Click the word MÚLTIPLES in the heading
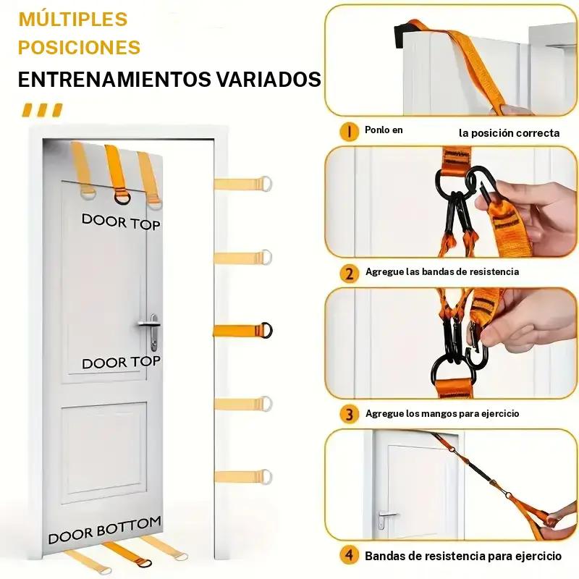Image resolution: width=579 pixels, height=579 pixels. [73, 20]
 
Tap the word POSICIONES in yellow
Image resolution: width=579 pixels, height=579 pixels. [80, 47]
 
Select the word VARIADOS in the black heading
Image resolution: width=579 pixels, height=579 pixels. [269, 79]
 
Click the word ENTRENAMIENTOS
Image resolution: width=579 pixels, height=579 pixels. [114, 79]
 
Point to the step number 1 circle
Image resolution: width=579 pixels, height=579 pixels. [349, 132]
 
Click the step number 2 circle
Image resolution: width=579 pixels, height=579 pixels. [349, 274]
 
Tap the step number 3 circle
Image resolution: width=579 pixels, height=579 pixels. [349, 414]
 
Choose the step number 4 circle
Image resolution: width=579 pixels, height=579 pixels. [349, 555]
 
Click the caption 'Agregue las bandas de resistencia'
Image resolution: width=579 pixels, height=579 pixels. [442, 272]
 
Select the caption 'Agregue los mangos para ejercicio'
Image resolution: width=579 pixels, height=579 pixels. [442, 413]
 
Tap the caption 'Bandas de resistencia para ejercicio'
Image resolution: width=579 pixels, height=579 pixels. [463, 556]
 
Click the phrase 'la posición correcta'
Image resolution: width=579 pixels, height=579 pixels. [510, 133]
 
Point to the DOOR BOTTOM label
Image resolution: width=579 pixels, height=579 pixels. [105, 530]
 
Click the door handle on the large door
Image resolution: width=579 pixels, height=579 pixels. [151, 331]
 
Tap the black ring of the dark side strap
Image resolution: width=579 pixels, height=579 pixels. [266, 330]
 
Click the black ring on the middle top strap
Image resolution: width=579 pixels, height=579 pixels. [122, 196]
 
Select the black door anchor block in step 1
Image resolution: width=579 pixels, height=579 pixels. [405, 34]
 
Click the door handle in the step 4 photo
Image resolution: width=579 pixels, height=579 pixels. [384, 518]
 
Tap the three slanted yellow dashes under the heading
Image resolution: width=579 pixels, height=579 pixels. [42, 110]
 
